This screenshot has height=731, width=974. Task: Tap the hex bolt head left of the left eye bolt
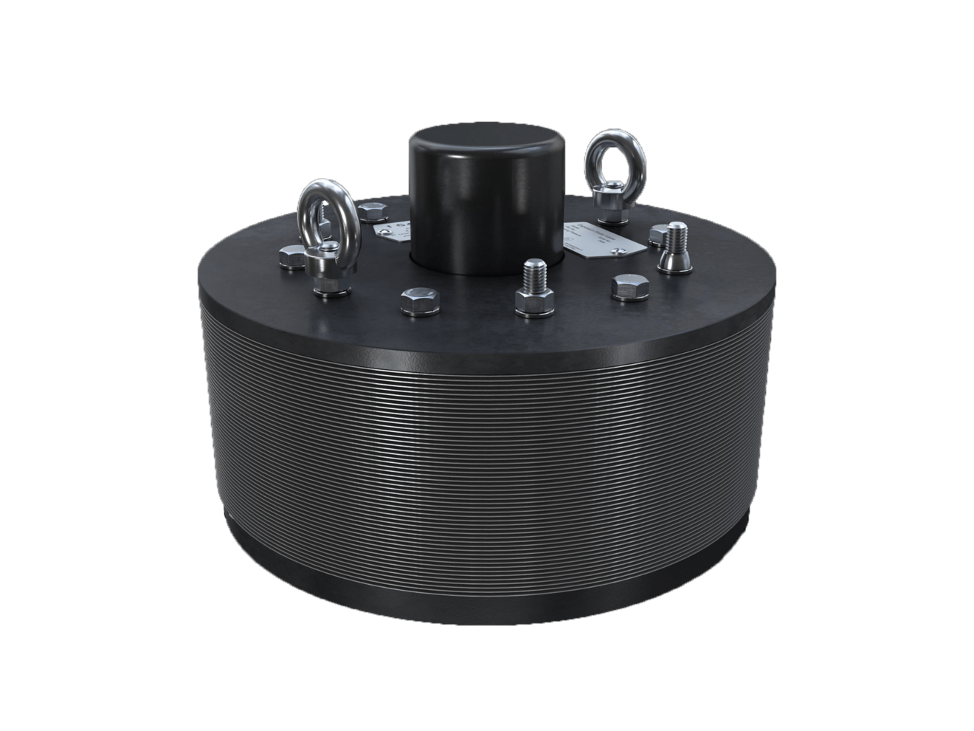tap(292, 256)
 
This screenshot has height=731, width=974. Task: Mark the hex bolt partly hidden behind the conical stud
tap(656, 234)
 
